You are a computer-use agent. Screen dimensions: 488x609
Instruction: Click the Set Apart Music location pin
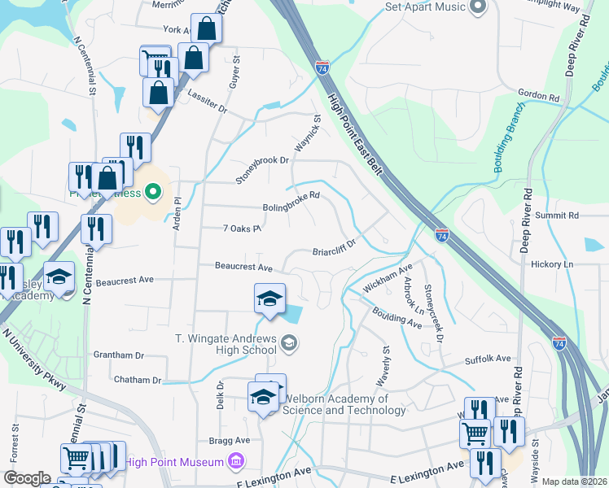pos(478,7)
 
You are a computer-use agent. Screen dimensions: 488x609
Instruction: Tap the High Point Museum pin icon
pos(236,462)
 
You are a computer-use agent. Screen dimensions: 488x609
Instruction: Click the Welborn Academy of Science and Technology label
pos(344,404)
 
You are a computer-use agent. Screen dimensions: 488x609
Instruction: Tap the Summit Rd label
pos(562,216)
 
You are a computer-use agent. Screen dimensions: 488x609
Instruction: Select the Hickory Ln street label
pos(551,264)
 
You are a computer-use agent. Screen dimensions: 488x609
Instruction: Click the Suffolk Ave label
pos(487,358)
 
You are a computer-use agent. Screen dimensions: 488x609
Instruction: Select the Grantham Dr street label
pos(118,355)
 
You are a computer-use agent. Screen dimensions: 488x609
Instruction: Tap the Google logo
pos(26,478)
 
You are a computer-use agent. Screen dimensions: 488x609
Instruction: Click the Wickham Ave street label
pos(388,277)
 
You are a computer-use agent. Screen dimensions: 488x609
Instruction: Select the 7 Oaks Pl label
pos(241,229)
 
